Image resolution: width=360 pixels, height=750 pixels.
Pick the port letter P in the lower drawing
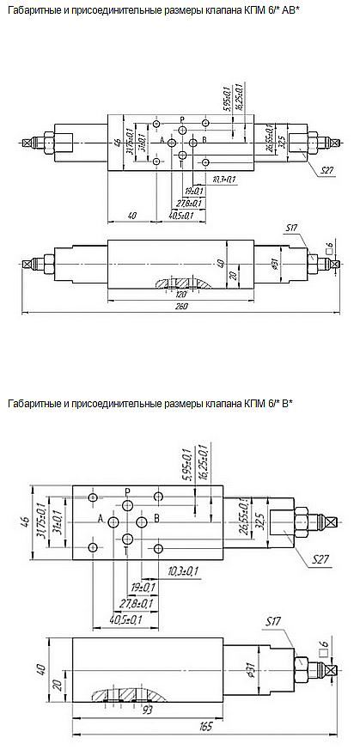(126, 491)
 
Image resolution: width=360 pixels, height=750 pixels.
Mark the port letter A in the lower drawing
(101, 519)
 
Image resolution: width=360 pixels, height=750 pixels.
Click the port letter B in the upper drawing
(204, 140)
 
